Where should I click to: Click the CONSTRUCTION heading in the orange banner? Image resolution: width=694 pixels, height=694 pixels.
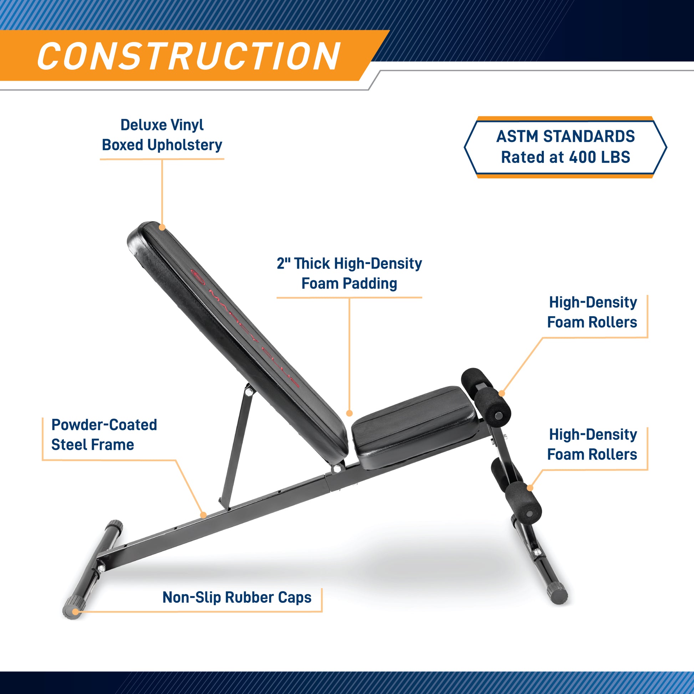click(x=189, y=56)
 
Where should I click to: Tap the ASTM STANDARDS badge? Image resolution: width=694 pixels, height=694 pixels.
click(x=565, y=147)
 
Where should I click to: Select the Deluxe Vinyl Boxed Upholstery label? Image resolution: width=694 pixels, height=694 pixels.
click(x=162, y=135)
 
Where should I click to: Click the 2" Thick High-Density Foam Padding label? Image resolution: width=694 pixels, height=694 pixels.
click(x=349, y=274)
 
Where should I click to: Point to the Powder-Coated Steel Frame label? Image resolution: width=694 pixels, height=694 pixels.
click(x=104, y=435)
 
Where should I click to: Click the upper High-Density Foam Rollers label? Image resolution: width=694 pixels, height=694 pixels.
click(x=592, y=312)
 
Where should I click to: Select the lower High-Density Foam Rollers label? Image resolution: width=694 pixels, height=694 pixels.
click(x=592, y=444)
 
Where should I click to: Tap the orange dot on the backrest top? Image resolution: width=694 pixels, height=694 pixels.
click(x=162, y=227)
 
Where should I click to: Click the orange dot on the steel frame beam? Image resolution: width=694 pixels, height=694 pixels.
click(x=203, y=515)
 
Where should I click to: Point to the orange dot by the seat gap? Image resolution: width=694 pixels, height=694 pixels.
click(x=349, y=413)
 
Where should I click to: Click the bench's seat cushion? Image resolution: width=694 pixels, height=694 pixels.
click(x=415, y=427)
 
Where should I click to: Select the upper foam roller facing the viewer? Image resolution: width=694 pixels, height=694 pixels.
click(x=492, y=406)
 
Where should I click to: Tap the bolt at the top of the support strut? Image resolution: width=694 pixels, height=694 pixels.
click(x=248, y=391)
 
